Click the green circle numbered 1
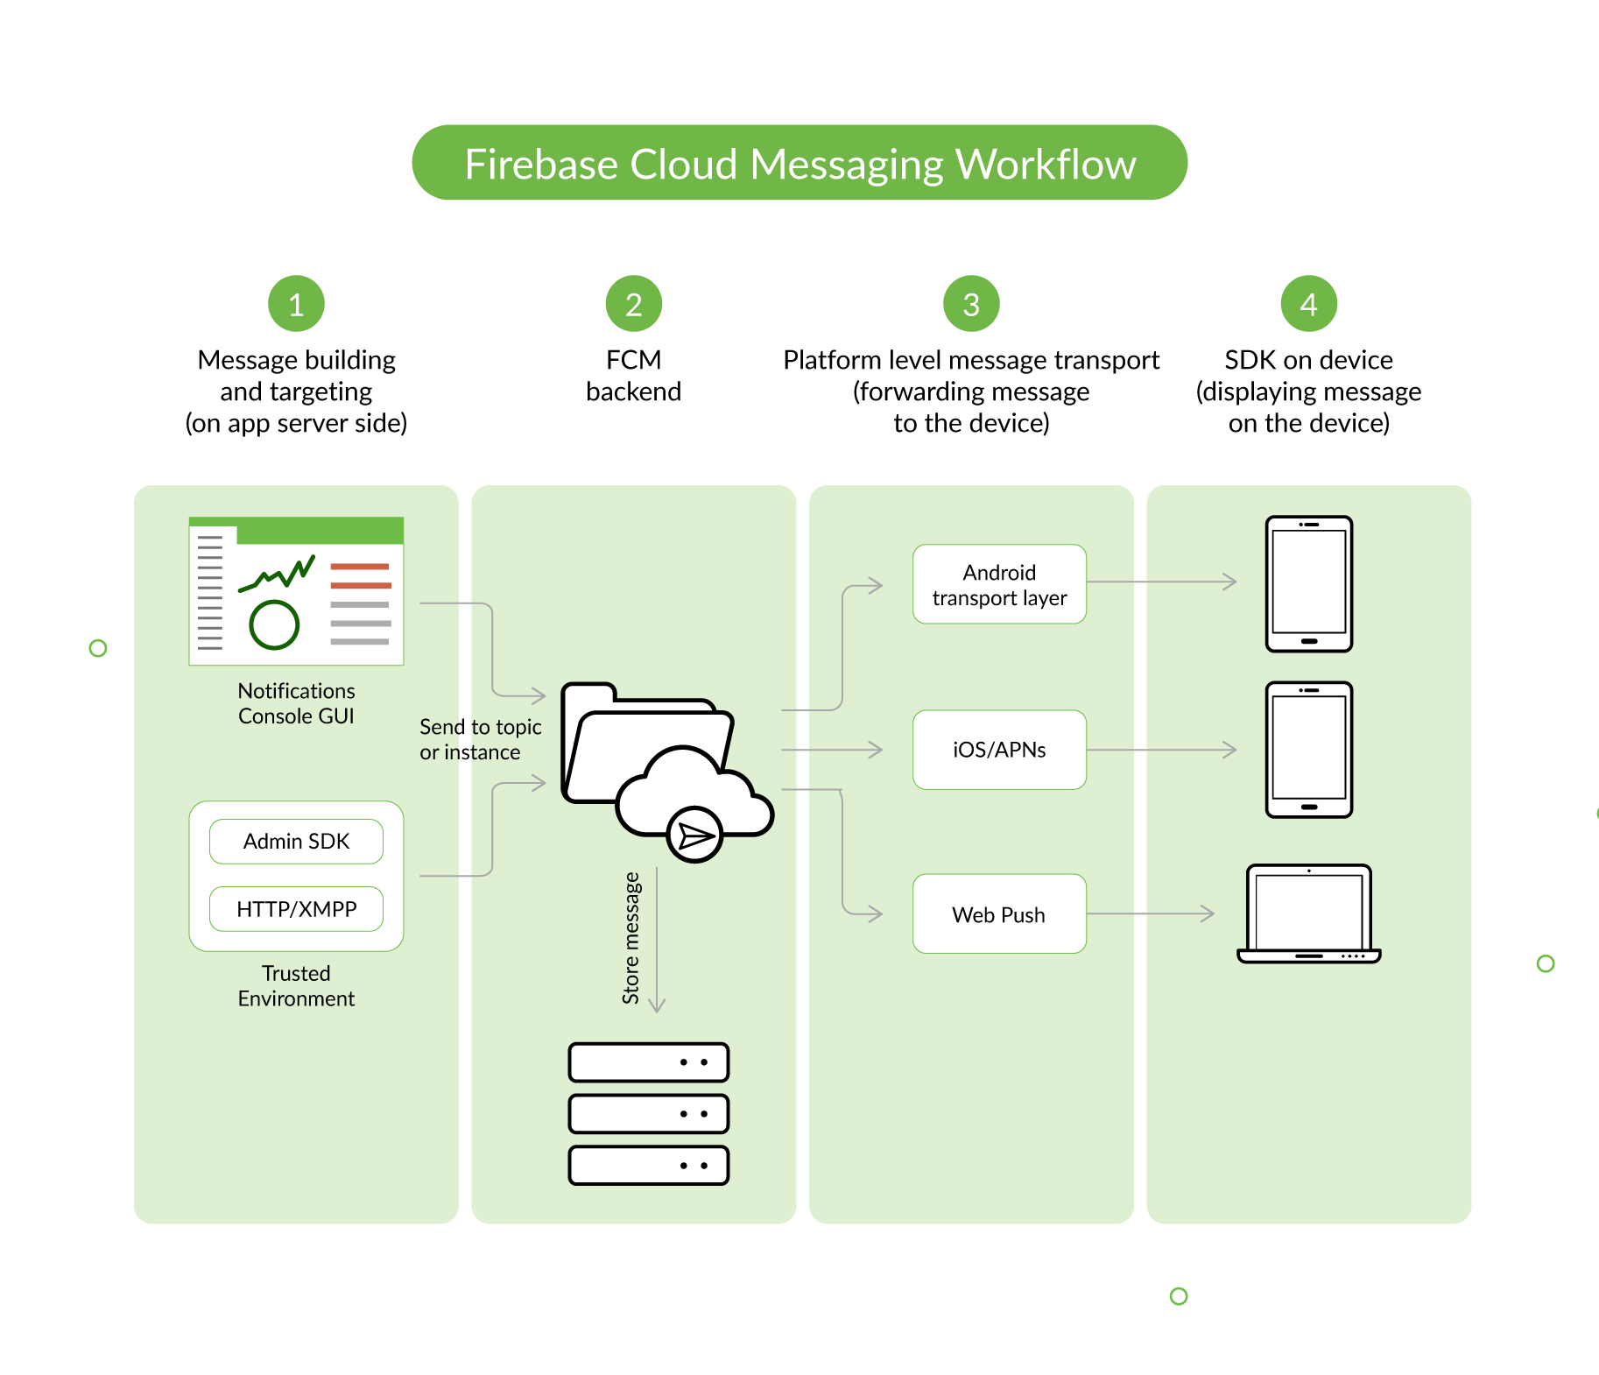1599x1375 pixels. pyautogui.click(x=296, y=304)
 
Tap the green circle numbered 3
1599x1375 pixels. pyautogui.click(x=971, y=304)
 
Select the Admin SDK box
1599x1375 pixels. pyautogui.click(x=296, y=842)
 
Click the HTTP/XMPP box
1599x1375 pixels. pyautogui.click(x=296, y=909)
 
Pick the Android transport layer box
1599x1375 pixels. pyautogui.click(x=999, y=584)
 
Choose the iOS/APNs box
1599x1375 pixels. pyautogui.click(x=999, y=750)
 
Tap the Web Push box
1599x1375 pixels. pyautogui.click(x=999, y=914)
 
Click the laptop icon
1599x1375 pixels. pyautogui.click(x=1308, y=913)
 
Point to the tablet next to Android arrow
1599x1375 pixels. pyautogui.click(x=1308, y=583)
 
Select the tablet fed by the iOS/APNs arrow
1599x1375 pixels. pyautogui.click(x=1308, y=750)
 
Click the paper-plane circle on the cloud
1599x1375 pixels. pyautogui.click(x=695, y=836)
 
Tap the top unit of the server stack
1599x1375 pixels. pyautogui.click(x=648, y=1062)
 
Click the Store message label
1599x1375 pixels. pyautogui.click(x=631, y=937)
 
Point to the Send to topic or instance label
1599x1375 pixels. pyautogui.click(x=479, y=739)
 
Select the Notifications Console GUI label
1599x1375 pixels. pyautogui.click(x=296, y=703)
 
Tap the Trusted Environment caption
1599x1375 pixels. pyautogui.click(x=296, y=986)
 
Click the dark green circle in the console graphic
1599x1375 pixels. pyautogui.click(x=274, y=624)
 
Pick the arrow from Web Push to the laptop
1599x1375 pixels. pyautogui.click(x=1151, y=913)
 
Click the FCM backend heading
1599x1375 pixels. pyautogui.click(x=633, y=376)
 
